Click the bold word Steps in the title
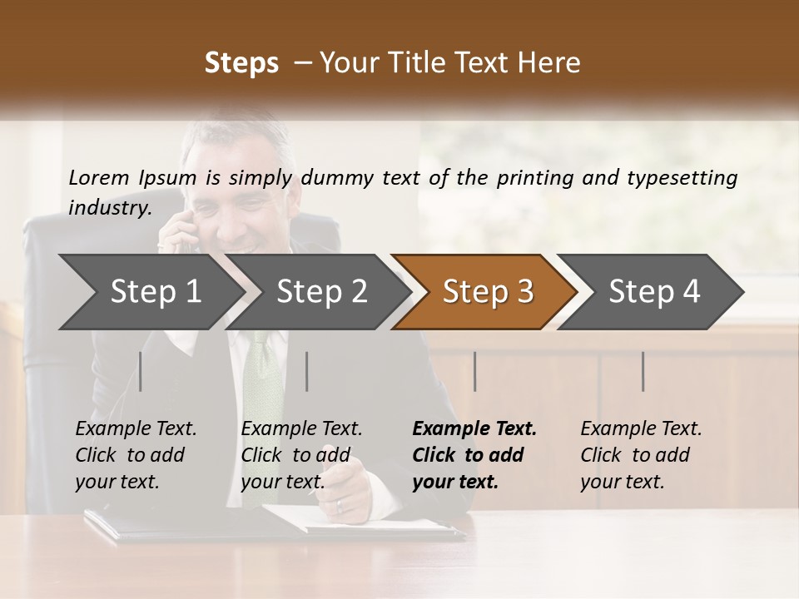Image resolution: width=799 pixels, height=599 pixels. [241, 63]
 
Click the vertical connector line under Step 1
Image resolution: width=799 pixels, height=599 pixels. [141, 371]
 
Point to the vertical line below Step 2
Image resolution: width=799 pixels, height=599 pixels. [307, 371]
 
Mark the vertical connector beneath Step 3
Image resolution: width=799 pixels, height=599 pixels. [475, 371]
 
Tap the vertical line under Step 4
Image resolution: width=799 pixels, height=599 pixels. [643, 371]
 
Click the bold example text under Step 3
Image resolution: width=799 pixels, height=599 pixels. [474, 455]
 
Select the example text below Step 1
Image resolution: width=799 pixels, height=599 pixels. [136, 455]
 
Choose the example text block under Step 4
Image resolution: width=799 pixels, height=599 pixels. [641, 455]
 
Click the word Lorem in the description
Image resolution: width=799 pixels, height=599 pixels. [98, 177]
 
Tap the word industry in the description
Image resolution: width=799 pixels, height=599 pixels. [109, 207]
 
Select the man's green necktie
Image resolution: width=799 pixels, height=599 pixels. [263, 383]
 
